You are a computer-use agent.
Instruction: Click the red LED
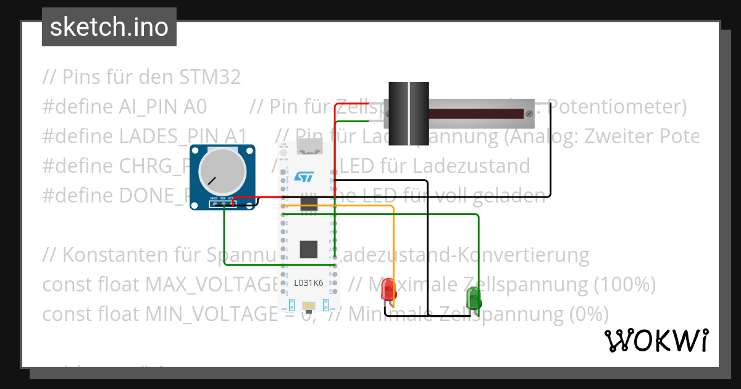click(388, 288)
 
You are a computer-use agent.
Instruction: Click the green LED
click(474, 297)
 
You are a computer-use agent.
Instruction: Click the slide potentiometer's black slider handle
click(408, 114)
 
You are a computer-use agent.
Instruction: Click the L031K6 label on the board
click(309, 283)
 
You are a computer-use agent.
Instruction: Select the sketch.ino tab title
click(109, 27)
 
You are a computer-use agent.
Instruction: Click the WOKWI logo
click(656, 341)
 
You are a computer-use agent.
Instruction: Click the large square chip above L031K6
click(309, 249)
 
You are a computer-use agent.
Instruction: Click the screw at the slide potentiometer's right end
click(529, 114)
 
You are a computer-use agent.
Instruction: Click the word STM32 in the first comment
click(210, 77)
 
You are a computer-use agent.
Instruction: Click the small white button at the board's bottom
click(308, 305)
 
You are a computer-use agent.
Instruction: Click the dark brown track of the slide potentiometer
click(475, 114)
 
